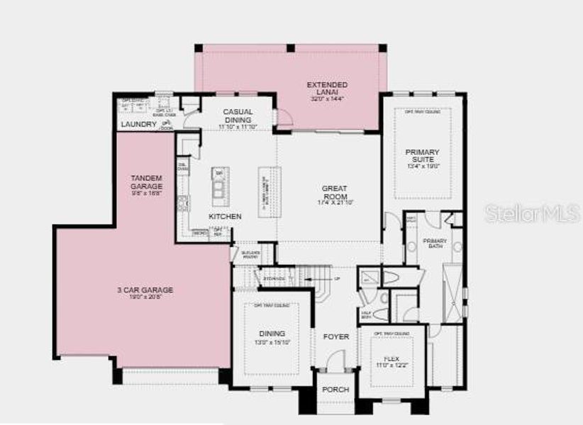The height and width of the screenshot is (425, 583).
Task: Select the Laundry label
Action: (x=138, y=125)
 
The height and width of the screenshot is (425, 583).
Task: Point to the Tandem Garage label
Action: (x=147, y=181)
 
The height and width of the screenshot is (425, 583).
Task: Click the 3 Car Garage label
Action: (x=145, y=290)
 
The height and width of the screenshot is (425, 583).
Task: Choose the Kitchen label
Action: (x=225, y=216)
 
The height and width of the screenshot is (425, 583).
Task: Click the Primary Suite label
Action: (x=422, y=156)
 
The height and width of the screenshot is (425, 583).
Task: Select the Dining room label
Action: (x=272, y=334)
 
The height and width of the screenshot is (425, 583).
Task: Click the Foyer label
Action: (x=335, y=336)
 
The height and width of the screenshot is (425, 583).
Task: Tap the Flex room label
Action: (x=392, y=359)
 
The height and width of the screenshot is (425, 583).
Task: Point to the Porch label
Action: (x=335, y=390)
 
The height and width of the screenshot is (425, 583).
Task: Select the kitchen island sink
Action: (x=218, y=188)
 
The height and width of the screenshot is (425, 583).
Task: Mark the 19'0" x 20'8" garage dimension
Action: (x=145, y=298)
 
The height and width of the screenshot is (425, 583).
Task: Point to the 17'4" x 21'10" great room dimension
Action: (x=335, y=203)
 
